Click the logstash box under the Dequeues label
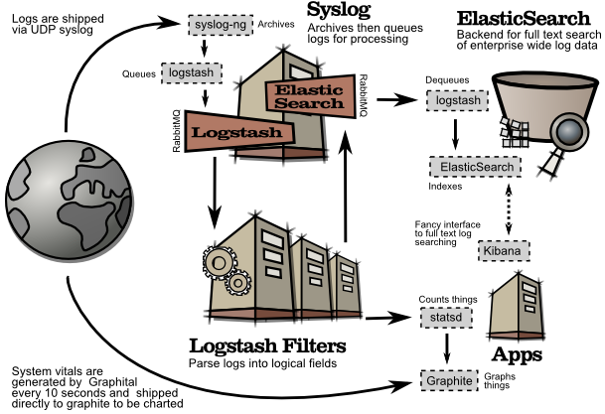[455, 100]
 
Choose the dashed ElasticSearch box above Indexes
[474, 168]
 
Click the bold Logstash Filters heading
[266, 345]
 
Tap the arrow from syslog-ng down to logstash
[204, 47]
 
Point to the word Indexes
[445, 186]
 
